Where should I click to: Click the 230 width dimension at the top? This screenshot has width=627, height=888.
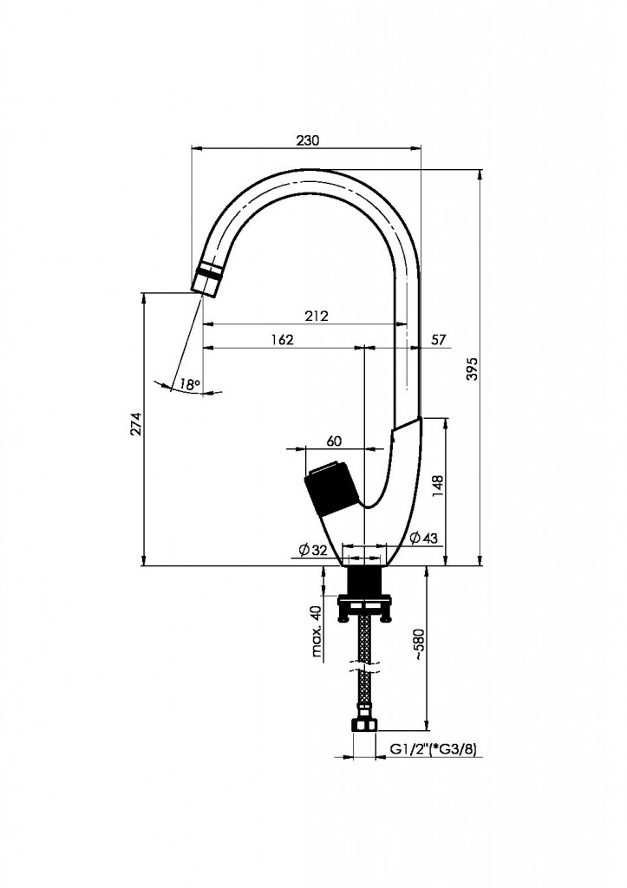tap(309, 140)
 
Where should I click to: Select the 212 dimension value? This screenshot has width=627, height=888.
tap(317, 317)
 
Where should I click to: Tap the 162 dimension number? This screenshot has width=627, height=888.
tap(282, 339)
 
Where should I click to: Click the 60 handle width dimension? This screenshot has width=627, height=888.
tap(334, 441)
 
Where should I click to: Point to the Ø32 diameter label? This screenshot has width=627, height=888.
tap(312, 550)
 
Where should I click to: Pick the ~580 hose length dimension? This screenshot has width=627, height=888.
tap(419, 646)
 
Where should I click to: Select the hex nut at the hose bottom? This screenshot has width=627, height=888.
tap(364, 724)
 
